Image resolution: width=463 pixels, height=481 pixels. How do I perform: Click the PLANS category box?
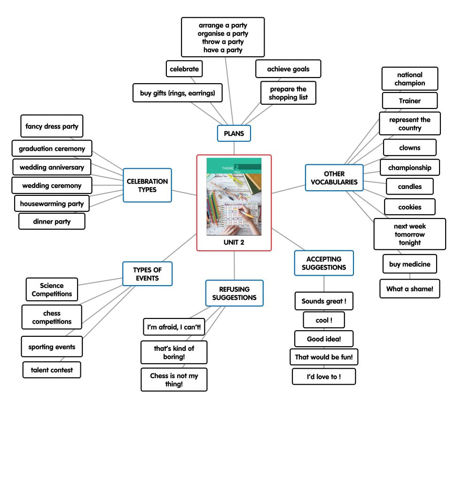pyautogui.click(x=234, y=133)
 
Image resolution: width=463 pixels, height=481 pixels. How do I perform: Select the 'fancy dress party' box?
pyautogui.click(x=52, y=126)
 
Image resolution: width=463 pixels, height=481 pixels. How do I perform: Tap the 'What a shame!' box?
pyautogui.click(x=409, y=289)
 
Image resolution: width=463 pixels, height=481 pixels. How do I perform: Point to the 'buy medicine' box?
pyautogui.click(x=409, y=264)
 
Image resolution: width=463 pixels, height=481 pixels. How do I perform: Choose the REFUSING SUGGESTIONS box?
pyautogui.click(x=234, y=293)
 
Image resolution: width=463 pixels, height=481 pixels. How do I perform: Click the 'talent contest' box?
pyautogui.click(x=52, y=370)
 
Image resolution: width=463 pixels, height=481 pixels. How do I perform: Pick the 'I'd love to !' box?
pyautogui.click(x=323, y=376)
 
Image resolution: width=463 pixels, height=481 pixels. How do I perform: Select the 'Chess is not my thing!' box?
pyautogui.click(x=173, y=380)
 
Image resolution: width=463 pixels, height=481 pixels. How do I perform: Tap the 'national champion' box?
pyautogui.click(x=409, y=78)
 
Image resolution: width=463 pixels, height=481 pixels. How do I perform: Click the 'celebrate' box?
pyautogui.click(x=184, y=69)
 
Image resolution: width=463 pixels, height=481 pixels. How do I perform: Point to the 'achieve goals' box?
pyautogui.click(x=288, y=69)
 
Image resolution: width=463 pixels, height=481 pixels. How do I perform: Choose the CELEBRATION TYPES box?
pyautogui.click(x=147, y=185)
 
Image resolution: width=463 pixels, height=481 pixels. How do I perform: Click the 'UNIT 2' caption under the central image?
pyautogui.click(x=234, y=243)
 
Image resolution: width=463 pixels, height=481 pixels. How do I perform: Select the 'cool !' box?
pyautogui.click(x=323, y=320)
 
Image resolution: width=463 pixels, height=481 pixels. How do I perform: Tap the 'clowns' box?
pyautogui.click(x=409, y=147)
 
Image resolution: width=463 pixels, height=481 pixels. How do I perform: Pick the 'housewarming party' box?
pyautogui.click(x=52, y=203)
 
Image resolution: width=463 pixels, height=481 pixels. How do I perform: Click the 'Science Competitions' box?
pyautogui.click(x=52, y=289)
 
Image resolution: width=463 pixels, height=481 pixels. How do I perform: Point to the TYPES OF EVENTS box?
pyautogui.click(x=147, y=274)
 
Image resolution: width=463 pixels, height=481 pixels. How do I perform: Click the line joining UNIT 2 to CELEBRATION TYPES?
pyautogui.click(x=184, y=192)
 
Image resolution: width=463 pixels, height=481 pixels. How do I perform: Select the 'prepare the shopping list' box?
pyautogui.click(x=288, y=93)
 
